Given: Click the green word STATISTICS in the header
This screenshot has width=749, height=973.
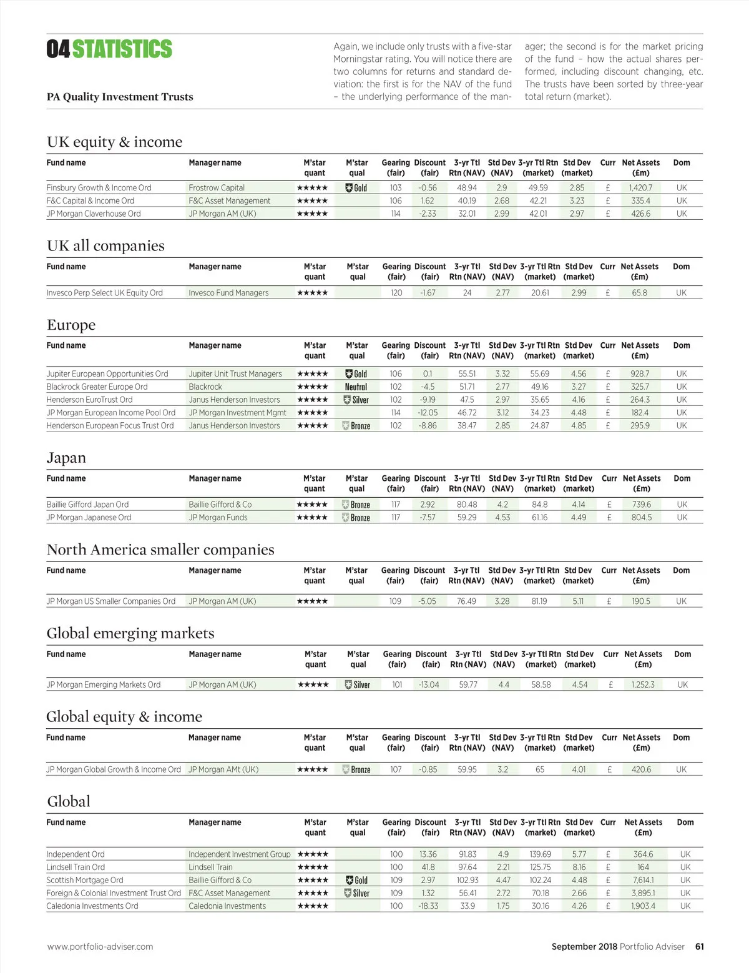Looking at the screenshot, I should pos(122,49).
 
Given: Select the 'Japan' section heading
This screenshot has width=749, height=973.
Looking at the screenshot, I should pos(66,458).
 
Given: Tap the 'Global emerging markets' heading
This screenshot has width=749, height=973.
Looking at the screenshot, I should pos(130,633).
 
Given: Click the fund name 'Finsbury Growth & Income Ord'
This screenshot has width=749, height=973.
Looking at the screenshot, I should pos(99,187).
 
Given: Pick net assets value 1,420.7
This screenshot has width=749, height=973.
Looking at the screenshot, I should pos(641,187).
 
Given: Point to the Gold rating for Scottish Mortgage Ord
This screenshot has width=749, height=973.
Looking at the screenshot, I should pos(357,880).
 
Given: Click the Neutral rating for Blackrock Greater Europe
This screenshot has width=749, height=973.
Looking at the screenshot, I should pos(356,387).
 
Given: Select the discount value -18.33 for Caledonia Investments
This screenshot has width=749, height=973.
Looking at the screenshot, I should pos(428,906).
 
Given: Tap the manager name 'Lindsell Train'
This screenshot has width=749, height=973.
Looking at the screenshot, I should pos(210,867).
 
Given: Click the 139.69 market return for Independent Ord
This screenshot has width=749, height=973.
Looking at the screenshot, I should pos(541,854).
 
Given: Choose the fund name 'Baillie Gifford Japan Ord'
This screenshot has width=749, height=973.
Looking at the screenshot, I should pos(87,504).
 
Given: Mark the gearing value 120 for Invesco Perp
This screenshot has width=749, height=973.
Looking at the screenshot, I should pos(396,292).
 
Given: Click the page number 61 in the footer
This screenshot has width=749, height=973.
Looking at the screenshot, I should pos(700,946).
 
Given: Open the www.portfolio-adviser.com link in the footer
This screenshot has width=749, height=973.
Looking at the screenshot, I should pos(100,946).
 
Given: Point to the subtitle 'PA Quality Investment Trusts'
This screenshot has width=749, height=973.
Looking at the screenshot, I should pos(120,97).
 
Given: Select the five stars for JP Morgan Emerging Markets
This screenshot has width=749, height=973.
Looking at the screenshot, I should pos(313,684).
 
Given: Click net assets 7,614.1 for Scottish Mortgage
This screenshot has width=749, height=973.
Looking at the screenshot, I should pos(643,880).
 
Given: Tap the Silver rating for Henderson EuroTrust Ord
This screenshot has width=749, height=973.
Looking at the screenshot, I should pos(356,400).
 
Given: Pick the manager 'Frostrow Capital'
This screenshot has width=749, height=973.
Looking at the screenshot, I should pos(217,187).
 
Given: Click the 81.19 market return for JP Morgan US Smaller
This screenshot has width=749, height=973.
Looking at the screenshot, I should pos(539,601).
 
